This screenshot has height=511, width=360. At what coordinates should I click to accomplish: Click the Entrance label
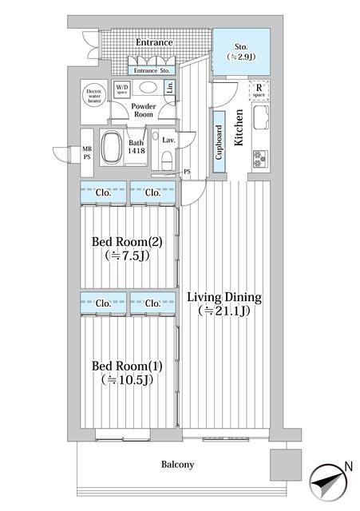tap(154, 42)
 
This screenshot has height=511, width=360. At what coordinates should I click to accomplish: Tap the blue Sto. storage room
tap(241, 51)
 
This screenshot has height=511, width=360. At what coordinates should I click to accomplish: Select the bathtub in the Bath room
tap(111, 147)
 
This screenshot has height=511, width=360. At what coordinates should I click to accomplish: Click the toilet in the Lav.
tap(167, 160)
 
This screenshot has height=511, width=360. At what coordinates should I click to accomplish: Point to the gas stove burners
tap(260, 159)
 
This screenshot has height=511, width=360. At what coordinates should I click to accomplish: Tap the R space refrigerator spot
tap(259, 90)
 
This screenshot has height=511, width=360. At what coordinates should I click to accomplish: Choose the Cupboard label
tap(219, 142)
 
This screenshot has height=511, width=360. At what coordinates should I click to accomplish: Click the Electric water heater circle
tap(94, 96)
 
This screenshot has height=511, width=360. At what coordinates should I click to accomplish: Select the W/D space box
tap(122, 89)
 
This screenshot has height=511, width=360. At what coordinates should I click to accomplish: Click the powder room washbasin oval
tap(148, 87)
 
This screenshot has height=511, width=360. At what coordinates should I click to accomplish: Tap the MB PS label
tap(87, 153)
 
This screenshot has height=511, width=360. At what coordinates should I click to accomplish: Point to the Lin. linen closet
tap(170, 87)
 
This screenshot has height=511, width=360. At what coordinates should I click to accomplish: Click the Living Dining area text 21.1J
tap(224, 311)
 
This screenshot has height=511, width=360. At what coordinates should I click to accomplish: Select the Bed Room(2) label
tap(127, 241)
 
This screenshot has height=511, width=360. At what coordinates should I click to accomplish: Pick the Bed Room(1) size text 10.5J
tap(127, 380)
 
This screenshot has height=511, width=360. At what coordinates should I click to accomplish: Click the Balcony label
tap(177, 465)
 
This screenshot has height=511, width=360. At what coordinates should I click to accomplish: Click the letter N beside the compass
tap(349, 466)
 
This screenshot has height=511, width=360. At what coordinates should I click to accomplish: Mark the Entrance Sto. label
tap(152, 70)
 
